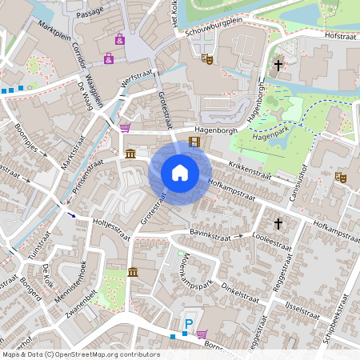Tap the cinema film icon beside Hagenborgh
(194, 142)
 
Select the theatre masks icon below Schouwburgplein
(206, 58)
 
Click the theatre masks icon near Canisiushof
(341, 177)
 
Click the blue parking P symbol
(189, 324)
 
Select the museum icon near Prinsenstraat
(130, 153)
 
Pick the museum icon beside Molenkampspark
(132, 273)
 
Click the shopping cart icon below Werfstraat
(125, 127)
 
